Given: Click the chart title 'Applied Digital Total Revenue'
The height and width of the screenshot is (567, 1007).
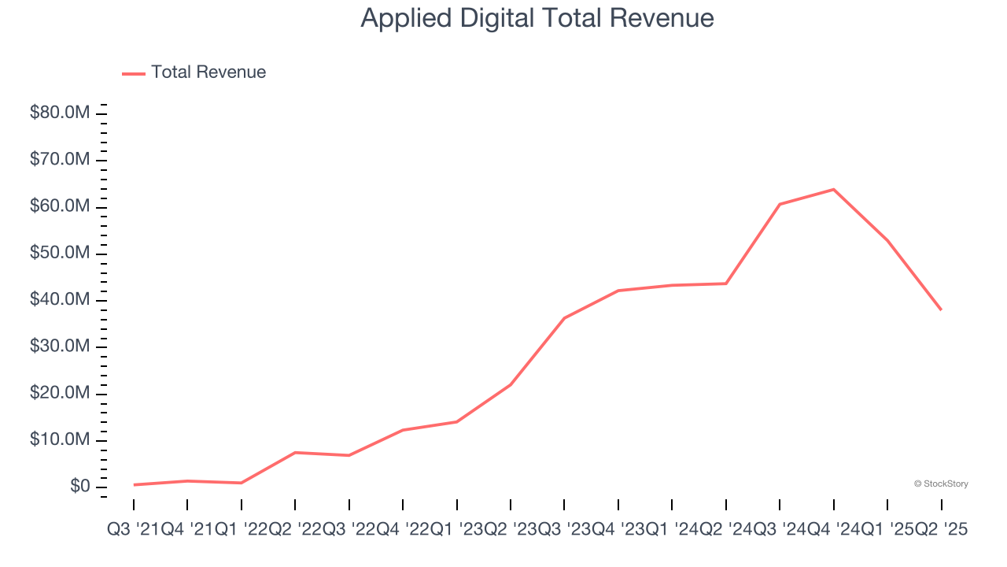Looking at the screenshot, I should [x=537, y=18].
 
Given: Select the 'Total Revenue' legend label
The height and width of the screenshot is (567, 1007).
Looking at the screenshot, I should [x=208, y=72].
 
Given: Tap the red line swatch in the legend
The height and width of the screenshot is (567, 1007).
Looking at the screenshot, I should [x=134, y=73].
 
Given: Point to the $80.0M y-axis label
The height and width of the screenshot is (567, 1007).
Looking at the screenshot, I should [x=60, y=113].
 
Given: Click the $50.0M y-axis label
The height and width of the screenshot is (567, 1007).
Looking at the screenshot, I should [x=60, y=254].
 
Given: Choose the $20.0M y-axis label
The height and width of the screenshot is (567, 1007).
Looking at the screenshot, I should [x=60, y=393].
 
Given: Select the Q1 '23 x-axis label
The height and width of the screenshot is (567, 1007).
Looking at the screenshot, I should [x=456, y=530].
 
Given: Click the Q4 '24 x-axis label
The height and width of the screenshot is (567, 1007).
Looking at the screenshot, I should [x=833, y=530].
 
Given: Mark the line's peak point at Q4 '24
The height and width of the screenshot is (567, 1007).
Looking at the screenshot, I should [x=833, y=189].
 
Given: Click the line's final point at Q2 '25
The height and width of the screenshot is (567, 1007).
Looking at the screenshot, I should [x=941, y=309].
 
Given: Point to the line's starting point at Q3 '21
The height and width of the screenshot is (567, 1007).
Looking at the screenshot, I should [x=134, y=484].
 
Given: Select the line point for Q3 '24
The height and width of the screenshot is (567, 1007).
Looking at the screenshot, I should [x=780, y=204].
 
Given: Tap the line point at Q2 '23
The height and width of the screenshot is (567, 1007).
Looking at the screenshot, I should [x=511, y=384].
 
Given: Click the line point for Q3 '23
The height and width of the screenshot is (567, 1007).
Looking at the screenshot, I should [x=564, y=318].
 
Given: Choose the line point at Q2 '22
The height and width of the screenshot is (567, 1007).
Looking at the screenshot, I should [x=295, y=452].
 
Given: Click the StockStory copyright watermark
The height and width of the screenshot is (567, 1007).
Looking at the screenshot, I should [x=941, y=484].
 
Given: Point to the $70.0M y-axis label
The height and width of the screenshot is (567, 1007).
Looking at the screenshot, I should [x=60, y=160].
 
